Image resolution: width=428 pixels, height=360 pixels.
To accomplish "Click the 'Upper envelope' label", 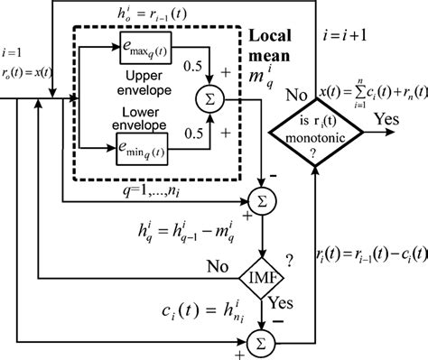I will (x=150, y=84).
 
